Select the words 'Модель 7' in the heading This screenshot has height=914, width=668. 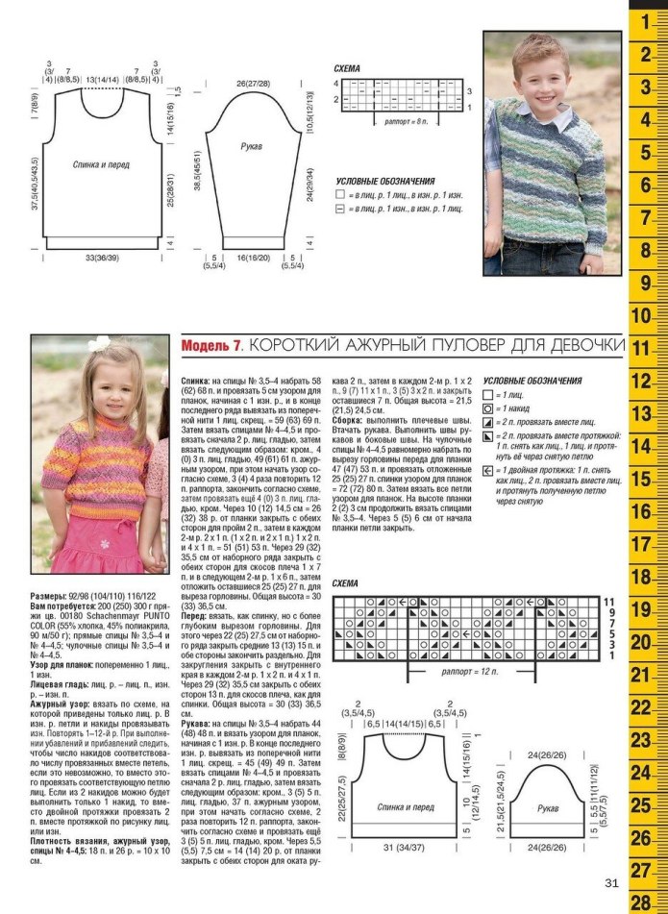coord(211,344)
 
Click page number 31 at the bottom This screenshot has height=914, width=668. coord(612,884)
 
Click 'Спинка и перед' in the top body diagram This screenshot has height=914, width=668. coord(102,164)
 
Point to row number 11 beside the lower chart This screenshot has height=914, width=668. coord(608,602)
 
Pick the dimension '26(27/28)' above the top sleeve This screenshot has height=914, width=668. coord(254,84)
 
